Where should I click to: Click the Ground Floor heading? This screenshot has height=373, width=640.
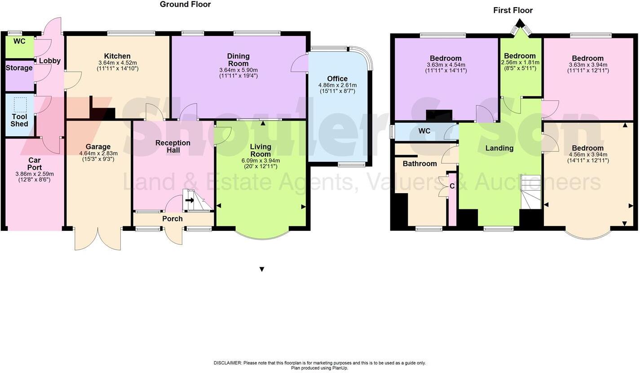185,4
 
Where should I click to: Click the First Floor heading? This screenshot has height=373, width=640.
512,10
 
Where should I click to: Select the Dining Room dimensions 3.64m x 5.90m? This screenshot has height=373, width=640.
238,70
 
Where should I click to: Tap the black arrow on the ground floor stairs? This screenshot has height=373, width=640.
190,200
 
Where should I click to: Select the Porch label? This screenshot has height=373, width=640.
172,219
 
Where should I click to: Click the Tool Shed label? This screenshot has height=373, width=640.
19,120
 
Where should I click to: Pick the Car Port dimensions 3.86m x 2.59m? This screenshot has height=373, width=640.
35,174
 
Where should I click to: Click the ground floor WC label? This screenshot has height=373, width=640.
19,41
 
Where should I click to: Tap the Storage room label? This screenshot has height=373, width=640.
19,68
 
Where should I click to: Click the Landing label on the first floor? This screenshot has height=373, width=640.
499,148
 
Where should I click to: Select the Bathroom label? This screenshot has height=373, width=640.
419,164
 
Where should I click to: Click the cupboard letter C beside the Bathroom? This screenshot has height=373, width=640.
452,186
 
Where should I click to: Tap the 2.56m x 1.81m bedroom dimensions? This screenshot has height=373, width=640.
520,63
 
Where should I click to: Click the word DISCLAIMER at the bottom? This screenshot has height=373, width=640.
228,363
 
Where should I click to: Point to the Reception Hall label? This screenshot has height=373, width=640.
173,147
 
